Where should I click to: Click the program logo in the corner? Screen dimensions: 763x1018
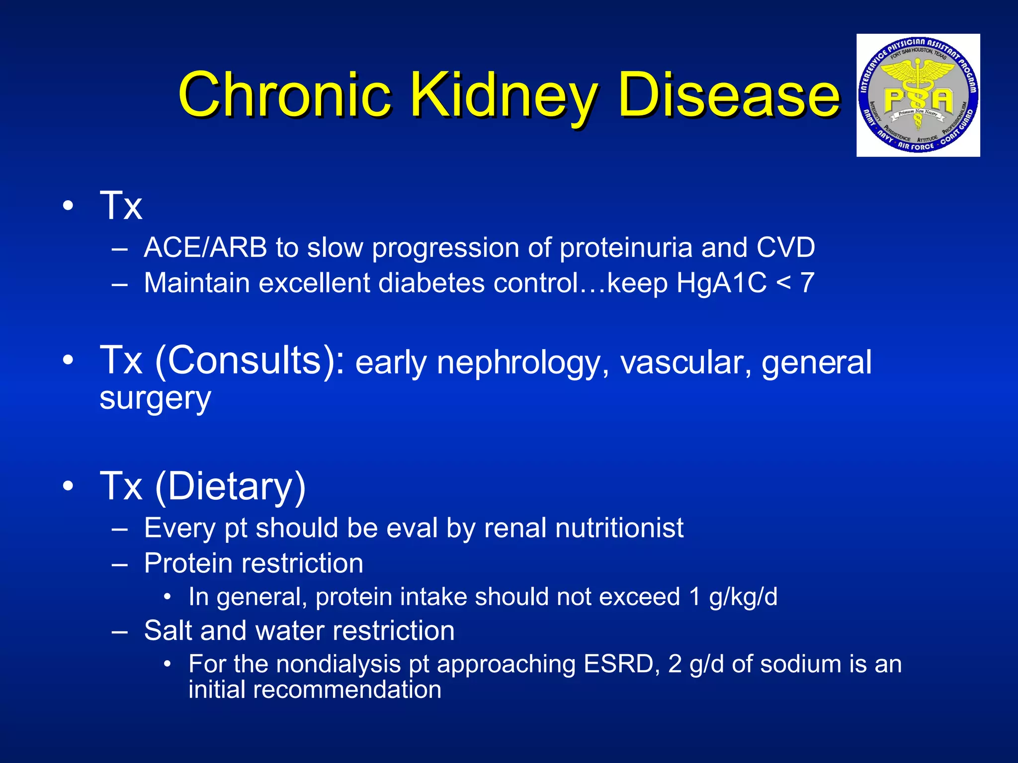918,95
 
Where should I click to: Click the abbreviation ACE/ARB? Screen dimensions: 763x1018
205,247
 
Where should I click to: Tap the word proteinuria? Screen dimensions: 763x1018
625,247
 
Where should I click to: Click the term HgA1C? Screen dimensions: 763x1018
721,283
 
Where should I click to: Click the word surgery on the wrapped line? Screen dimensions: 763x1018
155,398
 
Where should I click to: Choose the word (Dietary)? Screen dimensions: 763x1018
230,486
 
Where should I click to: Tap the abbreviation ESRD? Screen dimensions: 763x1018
618,664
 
